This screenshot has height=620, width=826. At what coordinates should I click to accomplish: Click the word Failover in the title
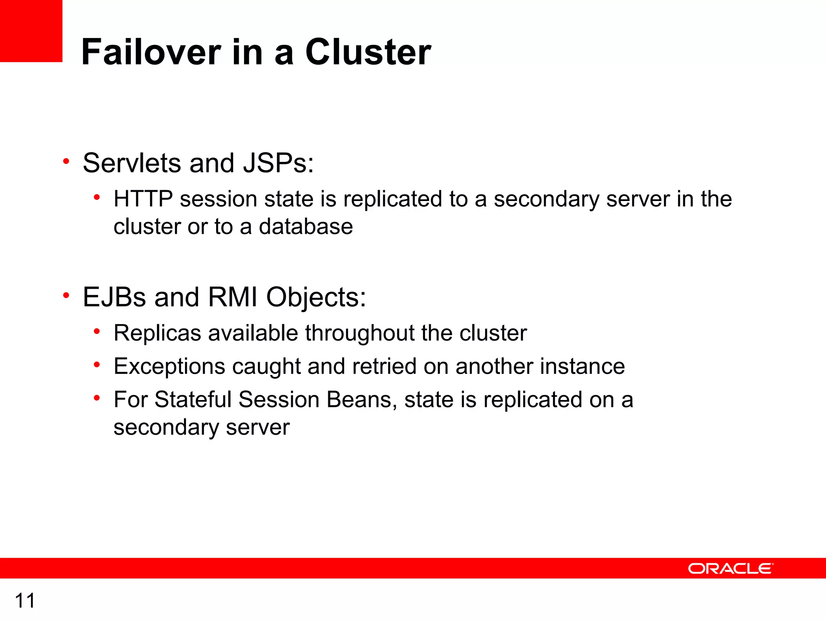pos(151,52)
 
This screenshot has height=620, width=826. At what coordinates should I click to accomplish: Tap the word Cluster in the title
pos(368,52)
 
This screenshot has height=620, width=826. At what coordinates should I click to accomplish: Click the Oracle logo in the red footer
pos(730,568)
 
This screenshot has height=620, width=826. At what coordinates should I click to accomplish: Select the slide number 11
pos(25,601)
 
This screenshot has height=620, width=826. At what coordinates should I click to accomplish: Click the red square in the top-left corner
pos(31,31)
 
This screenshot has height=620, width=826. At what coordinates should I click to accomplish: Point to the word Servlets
pos(132,163)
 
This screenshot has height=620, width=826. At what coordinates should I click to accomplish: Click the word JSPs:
pos(278,163)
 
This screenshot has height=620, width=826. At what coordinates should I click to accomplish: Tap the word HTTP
pos(143,199)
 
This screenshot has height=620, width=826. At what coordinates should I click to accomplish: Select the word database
pos(306,226)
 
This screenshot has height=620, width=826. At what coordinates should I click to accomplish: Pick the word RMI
pos(232,297)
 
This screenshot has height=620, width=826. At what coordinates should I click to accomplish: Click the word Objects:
pos(316,298)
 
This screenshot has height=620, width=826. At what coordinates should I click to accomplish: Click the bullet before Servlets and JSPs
pos(66,162)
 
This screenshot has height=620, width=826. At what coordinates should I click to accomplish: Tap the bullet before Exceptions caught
pos(97,365)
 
